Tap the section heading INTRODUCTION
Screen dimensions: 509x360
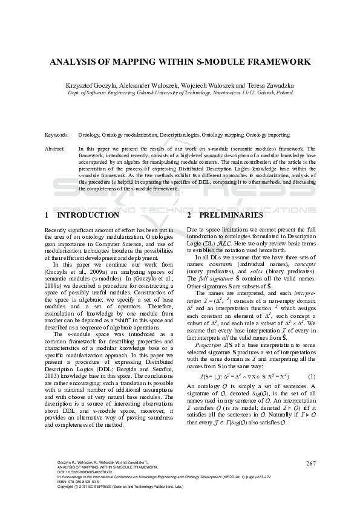tap(88, 215)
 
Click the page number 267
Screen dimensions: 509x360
tap(311, 463)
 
